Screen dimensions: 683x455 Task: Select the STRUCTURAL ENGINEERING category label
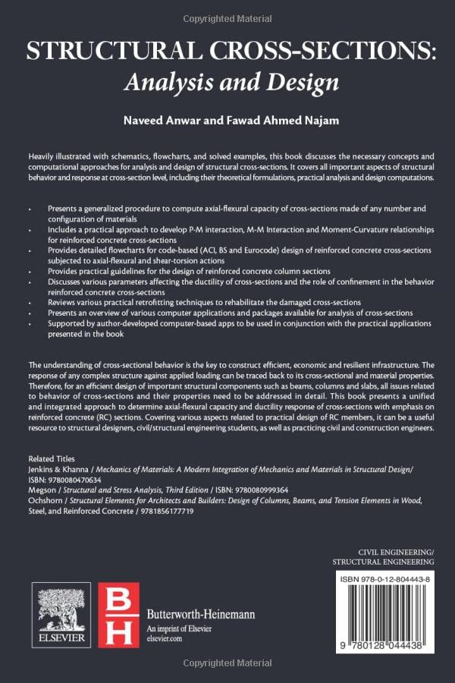coord(384,562)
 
